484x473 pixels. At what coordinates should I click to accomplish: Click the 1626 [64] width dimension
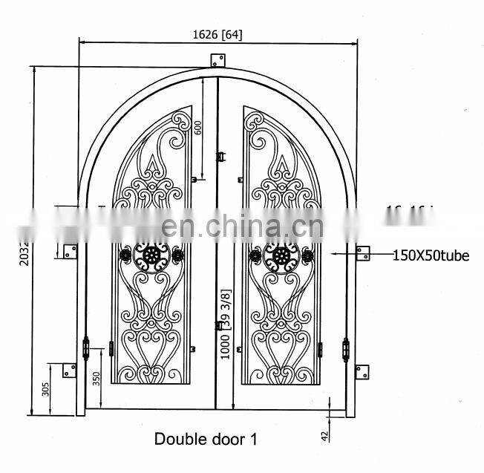[x=217, y=35]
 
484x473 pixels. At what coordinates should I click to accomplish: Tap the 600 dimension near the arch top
[x=197, y=127]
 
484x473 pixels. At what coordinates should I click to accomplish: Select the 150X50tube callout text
[x=431, y=255]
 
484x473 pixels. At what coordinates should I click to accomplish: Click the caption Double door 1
[x=206, y=439]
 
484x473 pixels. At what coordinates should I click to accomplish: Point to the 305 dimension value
[x=45, y=388]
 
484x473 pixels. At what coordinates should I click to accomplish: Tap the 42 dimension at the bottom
[x=324, y=436]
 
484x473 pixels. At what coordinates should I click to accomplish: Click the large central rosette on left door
[x=152, y=256]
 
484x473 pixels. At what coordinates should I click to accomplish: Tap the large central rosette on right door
[x=281, y=256]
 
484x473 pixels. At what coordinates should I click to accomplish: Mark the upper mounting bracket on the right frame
[x=363, y=252]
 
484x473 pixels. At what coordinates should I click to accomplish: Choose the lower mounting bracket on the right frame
[x=362, y=371]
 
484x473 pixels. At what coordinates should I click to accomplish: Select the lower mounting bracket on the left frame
[x=69, y=369]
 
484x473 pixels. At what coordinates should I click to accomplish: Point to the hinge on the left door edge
[x=86, y=348]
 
